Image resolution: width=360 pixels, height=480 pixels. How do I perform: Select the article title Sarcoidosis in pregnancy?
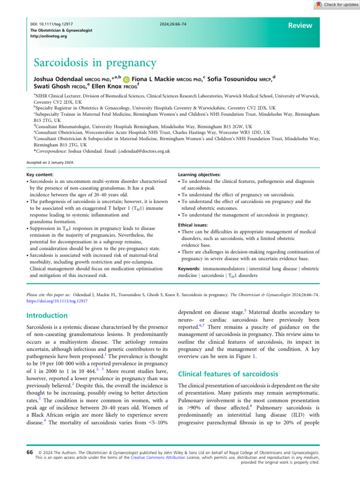(x=94, y=62)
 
